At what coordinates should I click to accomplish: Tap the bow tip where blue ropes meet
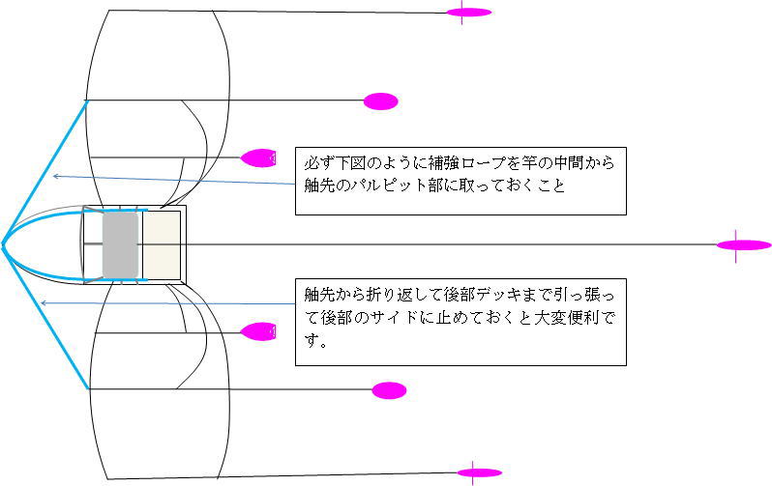pyautogui.click(x=3, y=243)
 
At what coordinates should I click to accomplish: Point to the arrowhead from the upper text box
pyautogui.click(x=55, y=176)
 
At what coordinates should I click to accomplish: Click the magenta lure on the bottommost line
pyautogui.click(x=479, y=473)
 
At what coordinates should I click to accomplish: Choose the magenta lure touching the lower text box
pyautogui.click(x=259, y=331)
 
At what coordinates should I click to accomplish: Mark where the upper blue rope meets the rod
pyautogui.click(x=87, y=100)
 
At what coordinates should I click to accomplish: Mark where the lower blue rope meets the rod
pyautogui.click(x=88, y=389)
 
